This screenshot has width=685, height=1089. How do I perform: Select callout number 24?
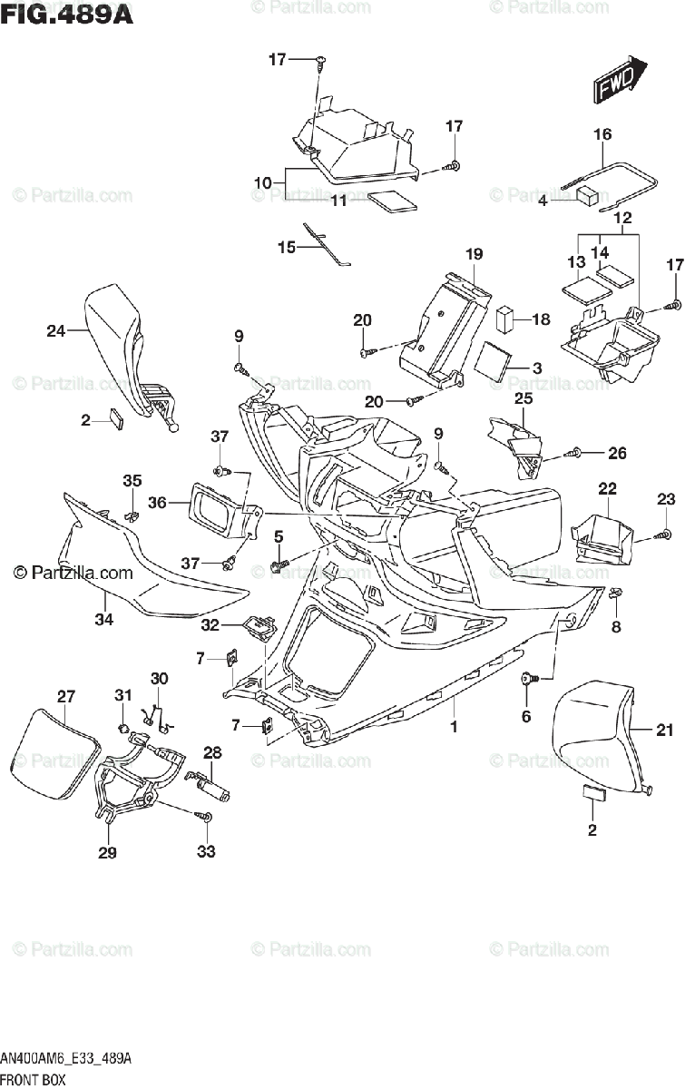coord(56,331)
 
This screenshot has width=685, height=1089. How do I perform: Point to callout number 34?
coord(104,619)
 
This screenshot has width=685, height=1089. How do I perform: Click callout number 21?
coord(664,730)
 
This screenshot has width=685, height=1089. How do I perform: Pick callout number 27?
coord(66,696)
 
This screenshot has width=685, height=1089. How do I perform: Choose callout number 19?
coord(474,254)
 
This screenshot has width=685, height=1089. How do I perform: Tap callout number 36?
coord(157,502)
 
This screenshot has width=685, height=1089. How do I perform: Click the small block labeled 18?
coord(505,319)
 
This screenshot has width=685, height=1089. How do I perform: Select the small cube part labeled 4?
coord(587,194)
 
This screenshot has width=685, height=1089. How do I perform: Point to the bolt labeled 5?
coord(279,564)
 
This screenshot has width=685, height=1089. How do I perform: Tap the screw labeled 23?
coord(661,535)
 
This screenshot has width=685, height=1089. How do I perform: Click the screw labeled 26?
coord(572,453)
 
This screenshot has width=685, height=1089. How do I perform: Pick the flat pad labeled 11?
coord(393,201)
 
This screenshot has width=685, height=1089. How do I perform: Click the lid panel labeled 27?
coord(55,755)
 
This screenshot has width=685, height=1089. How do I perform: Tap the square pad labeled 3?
coord(493,361)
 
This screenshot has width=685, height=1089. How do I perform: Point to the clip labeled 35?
coord(132,515)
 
